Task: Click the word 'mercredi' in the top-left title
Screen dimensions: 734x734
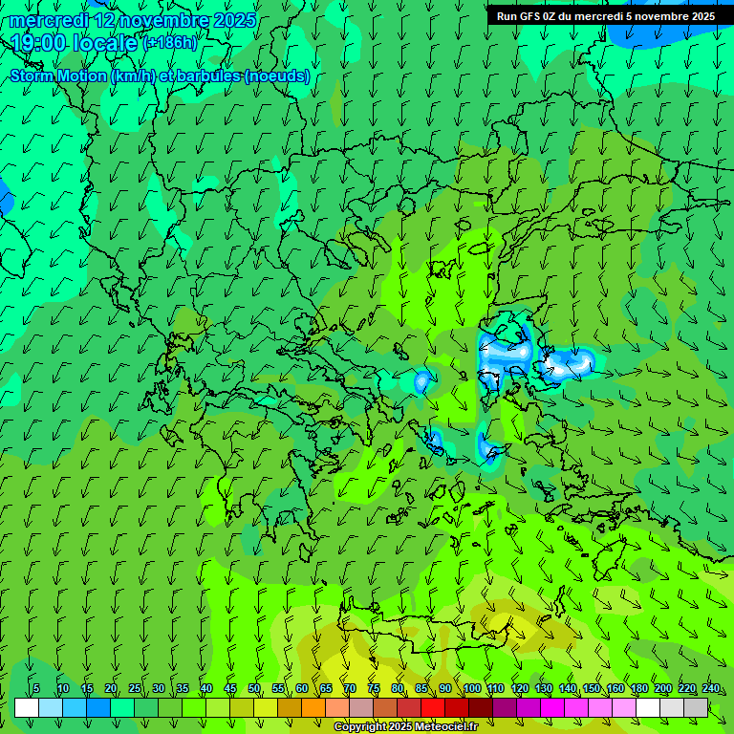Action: pos(44,20)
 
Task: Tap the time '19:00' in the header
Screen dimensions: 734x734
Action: pos(39,42)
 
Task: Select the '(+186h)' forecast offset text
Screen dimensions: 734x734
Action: pos(170,42)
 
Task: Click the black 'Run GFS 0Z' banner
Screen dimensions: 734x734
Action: pos(606,15)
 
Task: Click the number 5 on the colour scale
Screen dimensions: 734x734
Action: pos(36,688)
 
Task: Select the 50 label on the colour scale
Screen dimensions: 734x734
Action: pos(254,688)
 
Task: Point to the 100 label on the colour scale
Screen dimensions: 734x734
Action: pos(471,688)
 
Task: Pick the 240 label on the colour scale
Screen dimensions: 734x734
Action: pos(711,688)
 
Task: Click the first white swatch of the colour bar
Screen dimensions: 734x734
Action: pos(27,707)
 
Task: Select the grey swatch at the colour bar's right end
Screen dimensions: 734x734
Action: pos(696,707)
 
